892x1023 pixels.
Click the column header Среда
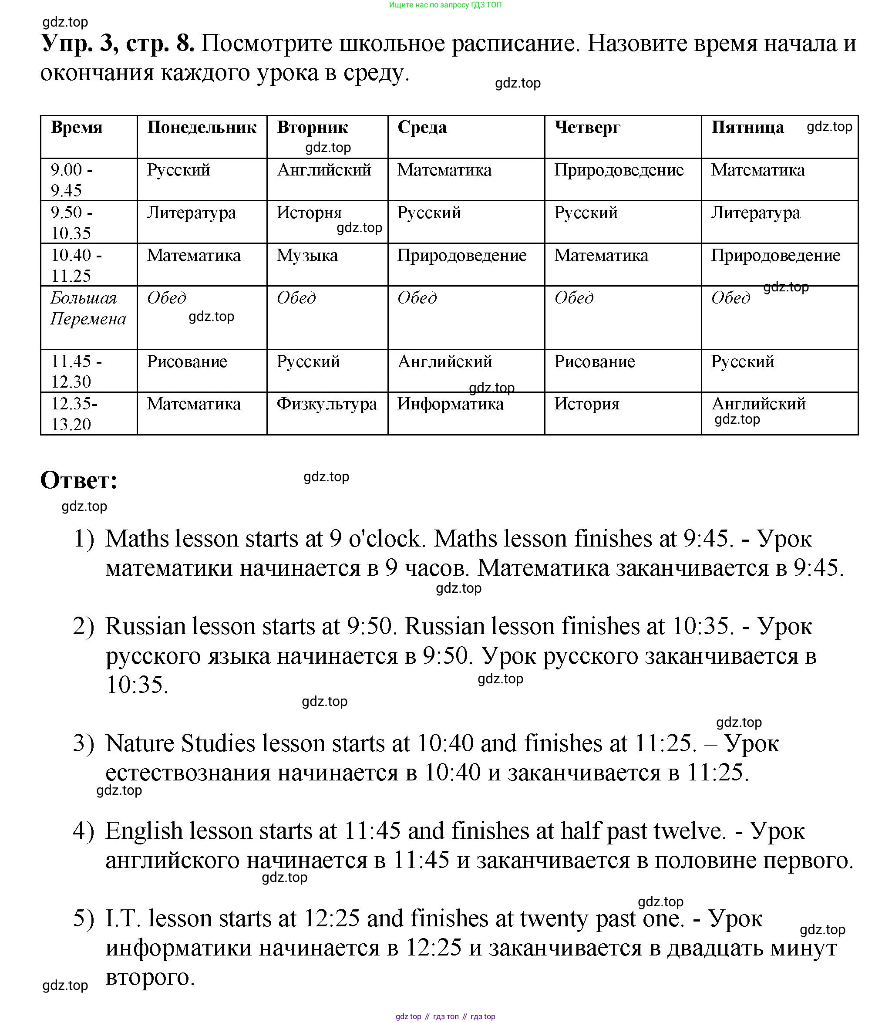click(421, 128)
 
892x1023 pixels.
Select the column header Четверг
click(587, 128)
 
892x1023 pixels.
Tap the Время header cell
click(77, 128)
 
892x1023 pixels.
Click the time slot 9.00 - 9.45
click(72, 180)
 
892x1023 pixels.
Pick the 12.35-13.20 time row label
click(74, 413)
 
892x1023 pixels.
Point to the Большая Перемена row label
click(88, 308)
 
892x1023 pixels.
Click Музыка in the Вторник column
click(307, 256)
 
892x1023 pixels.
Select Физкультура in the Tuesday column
click(327, 404)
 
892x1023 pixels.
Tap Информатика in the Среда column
click(450, 404)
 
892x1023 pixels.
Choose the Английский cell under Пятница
click(758, 404)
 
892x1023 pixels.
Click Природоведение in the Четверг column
click(619, 170)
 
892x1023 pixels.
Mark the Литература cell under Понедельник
click(191, 213)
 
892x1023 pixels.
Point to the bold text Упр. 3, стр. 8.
click(117, 43)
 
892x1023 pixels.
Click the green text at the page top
click(445, 5)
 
